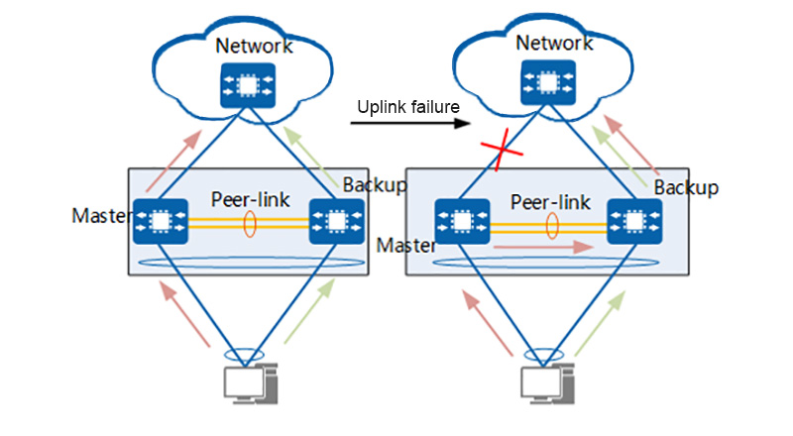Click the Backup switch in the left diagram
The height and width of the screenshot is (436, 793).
click(335, 222)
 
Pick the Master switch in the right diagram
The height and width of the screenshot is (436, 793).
click(463, 222)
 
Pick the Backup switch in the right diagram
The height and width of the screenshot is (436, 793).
click(633, 222)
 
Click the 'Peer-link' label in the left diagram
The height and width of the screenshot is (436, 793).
click(251, 199)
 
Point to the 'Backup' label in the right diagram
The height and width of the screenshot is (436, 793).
click(686, 187)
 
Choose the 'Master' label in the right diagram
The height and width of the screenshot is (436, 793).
click(405, 245)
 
